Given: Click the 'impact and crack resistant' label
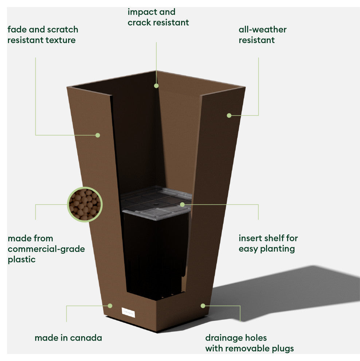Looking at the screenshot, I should [158, 17].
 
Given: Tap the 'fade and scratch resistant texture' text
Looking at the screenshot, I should [43, 35].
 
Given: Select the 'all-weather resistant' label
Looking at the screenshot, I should [262, 35].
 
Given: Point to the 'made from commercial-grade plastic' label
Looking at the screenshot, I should [46, 249].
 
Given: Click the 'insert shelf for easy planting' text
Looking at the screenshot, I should [268, 243].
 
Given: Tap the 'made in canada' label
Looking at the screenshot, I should [68, 338].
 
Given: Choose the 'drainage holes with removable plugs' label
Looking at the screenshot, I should [249, 343].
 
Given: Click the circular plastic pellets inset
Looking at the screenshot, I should [85, 204].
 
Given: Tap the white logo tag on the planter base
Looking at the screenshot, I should [128, 313].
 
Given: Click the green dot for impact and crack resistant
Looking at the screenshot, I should [156, 86].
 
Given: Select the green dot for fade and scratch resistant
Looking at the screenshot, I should [98, 135].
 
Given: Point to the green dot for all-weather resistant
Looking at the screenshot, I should [229, 115].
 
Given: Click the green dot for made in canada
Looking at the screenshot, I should [110, 306].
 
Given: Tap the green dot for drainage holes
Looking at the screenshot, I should [203, 306].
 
